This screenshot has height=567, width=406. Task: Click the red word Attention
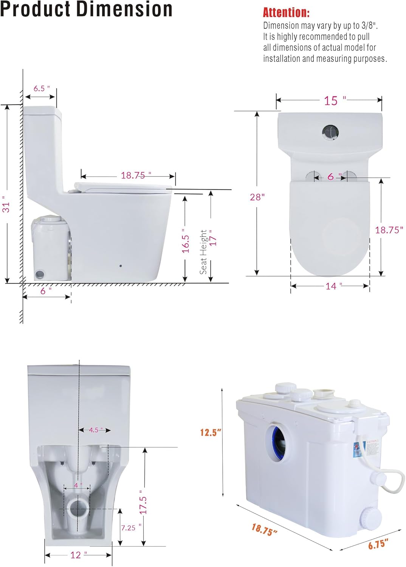pyautogui.click(x=286, y=12)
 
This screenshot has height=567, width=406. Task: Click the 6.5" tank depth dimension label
pyautogui.click(x=41, y=88)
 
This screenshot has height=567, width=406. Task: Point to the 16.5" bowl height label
pyautogui.click(x=185, y=241)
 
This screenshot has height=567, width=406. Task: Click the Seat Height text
pyautogui.click(x=203, y=252)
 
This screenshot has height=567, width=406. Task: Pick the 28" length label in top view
pyautogui.click(x=257, y=197)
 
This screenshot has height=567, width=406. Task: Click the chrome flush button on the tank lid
pyautogui.click(x=330, y=132)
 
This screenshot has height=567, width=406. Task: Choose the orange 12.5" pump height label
pyautogui.click(x=211, y=432)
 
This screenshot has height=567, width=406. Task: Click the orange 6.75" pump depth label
pyautogui.click(x=378, y=544)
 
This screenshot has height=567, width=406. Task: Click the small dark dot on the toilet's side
pyautogui.click(x=121, y=266)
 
